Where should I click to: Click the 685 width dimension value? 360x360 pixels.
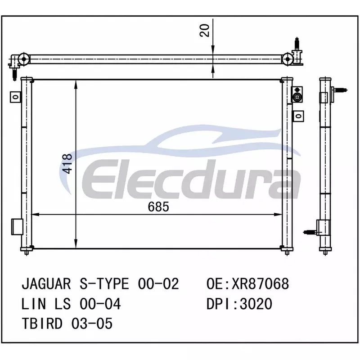tap(158, 207)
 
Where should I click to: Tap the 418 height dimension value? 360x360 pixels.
tap(67, 164)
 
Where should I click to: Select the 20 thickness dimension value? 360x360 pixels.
tap(205, 30)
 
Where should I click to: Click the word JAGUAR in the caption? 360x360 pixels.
tap(46, 284)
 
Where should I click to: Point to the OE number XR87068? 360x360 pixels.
tap(260, 284)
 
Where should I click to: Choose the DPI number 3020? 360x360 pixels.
tap(256, 304)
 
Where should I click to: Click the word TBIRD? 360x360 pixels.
tap(42, 324)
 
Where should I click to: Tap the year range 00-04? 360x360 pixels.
tap(100, 304)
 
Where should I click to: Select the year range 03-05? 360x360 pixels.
tap(92, 324)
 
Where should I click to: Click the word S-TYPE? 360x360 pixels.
tap(104, 284)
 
